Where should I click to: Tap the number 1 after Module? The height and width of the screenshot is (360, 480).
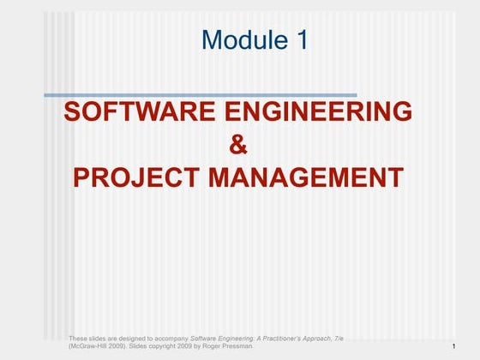pos(298,39)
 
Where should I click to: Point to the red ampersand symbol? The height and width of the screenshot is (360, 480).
pos(239,145)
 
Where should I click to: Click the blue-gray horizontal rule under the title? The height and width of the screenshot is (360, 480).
pos(200,94)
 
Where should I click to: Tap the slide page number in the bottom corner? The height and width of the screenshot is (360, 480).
pos(452,346)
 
